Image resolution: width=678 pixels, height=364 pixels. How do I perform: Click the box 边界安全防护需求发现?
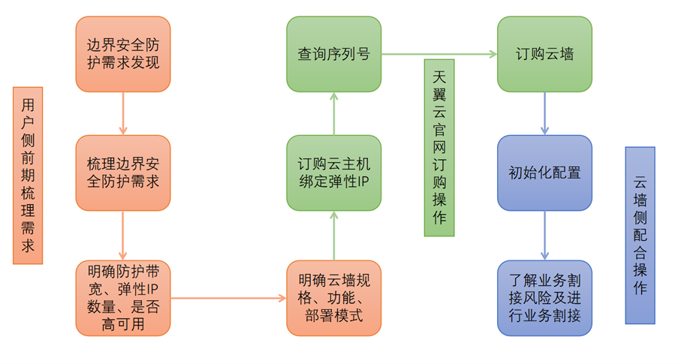click(123, 53)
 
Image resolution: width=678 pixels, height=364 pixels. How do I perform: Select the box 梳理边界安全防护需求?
click(123, 173)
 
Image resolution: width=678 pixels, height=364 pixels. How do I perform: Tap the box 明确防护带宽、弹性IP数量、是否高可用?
click(123, 297)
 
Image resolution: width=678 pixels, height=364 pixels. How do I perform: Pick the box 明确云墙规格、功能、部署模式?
click(333, 297)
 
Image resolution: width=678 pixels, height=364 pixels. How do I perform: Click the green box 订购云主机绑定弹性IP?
click(333, 173)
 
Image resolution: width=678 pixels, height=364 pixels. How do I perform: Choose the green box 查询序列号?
click(333, 54)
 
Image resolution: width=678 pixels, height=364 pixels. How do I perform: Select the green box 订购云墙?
click(544, 54)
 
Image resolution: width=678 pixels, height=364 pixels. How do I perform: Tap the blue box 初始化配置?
click(544, 173)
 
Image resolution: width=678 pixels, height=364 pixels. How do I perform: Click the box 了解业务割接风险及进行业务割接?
click(544, 297)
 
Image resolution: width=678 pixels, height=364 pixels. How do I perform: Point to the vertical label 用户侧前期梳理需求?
click(28, 175)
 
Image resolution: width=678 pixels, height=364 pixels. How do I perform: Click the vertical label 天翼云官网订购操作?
click(439, 147)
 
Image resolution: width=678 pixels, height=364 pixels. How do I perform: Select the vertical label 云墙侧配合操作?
click(640, 235)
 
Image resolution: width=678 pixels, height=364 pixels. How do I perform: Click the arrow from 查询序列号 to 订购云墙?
click(439, 54)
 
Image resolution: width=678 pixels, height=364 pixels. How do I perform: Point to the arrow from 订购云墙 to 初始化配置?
click(544, 113)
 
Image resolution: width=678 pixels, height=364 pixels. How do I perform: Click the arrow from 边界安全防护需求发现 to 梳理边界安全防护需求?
click(123, 113)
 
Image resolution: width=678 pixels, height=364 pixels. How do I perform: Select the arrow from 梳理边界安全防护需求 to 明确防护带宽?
click(123, 235)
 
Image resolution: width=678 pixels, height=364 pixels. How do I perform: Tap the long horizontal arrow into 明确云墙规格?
click(228, 298)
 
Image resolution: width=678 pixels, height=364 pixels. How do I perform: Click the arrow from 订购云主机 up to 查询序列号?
click(333, 113)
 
